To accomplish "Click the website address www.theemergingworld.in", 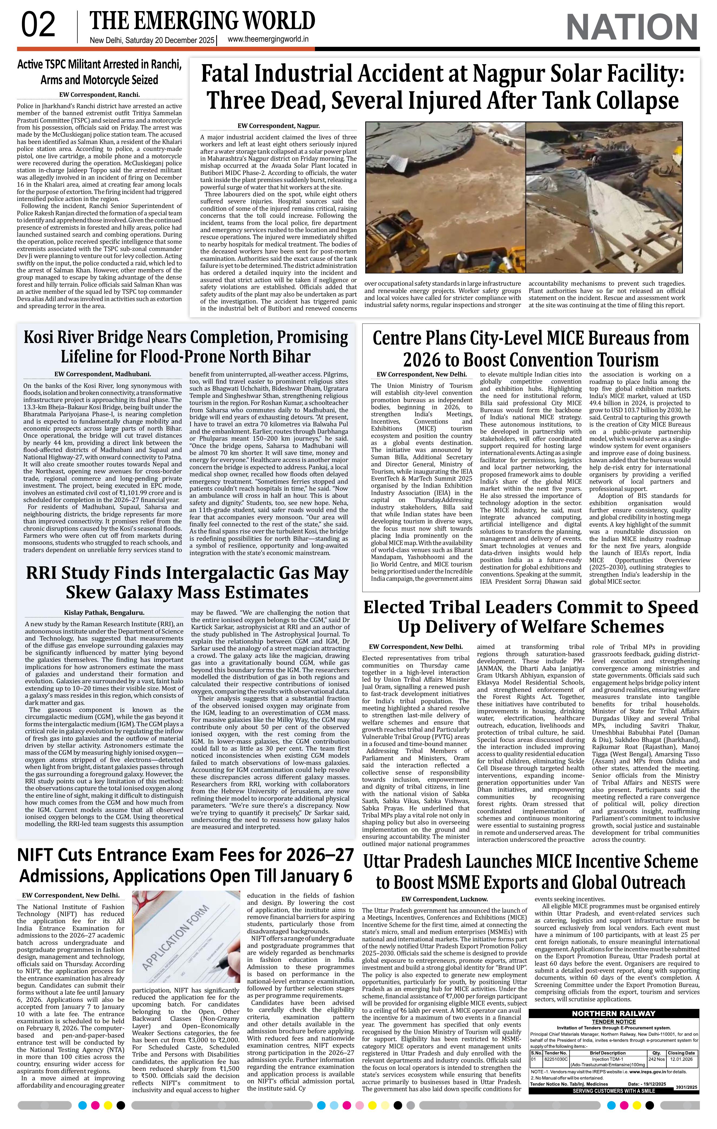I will click(268, 39).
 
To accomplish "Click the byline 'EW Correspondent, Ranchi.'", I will click(99, 94).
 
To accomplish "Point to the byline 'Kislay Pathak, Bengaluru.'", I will click(104, 612).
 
